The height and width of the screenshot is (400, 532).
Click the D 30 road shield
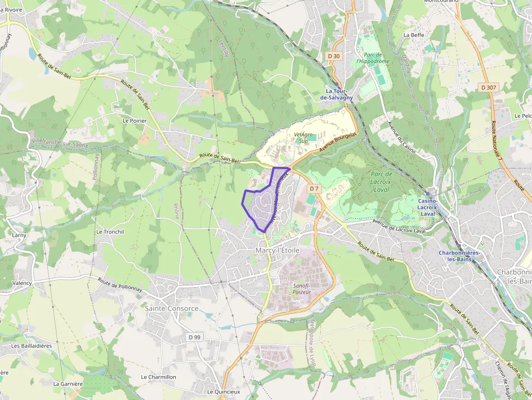click(334, 56)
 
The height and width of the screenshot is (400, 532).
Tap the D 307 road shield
click(489, 87)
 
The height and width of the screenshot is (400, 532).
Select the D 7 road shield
click(314, 188)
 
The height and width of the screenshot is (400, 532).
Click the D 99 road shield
click(194, 337)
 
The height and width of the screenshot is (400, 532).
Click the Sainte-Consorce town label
click(172, 308)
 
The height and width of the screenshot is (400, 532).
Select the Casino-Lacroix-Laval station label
click(431, 207)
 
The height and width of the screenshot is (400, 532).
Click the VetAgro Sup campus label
click(304, 137)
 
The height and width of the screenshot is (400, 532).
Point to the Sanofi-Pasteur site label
click(302, 288)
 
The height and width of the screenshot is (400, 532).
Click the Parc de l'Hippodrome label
click(373, 58)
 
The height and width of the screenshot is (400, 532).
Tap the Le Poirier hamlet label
click(135, 120)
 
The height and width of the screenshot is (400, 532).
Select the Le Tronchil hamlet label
click(110, 232)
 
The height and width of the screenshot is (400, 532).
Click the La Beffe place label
click(413, 35)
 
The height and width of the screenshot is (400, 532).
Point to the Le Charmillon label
click(159, 377)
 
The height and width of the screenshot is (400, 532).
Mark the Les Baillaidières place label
click(31, 346)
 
